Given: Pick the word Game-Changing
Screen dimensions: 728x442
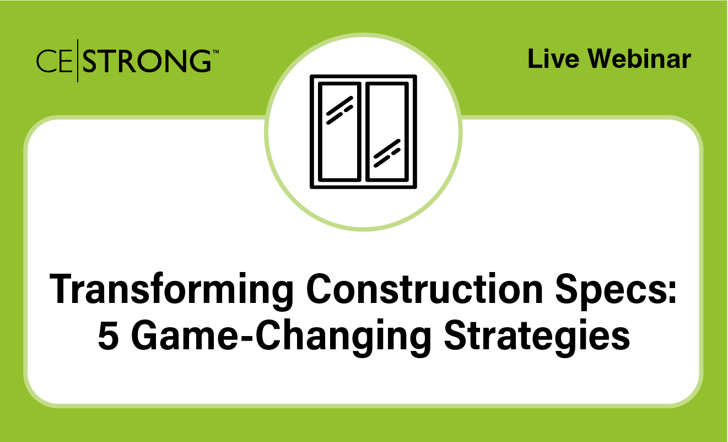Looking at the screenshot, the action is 281,338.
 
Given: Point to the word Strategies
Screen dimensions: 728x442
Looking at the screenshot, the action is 537,338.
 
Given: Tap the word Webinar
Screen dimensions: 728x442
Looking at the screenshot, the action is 639,58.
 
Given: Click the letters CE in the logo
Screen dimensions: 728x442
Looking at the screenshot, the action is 55,61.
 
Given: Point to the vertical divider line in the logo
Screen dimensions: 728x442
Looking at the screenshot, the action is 78,61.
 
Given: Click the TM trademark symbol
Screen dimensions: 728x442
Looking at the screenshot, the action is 215,51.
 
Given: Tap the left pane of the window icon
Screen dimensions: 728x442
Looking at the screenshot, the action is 339,132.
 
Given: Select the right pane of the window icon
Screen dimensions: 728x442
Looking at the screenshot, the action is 387,132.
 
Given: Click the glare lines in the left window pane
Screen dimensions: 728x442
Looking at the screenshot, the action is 339,110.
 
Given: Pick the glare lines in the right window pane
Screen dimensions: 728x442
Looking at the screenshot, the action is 387,153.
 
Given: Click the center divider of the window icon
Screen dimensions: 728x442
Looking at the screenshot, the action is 363,132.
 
